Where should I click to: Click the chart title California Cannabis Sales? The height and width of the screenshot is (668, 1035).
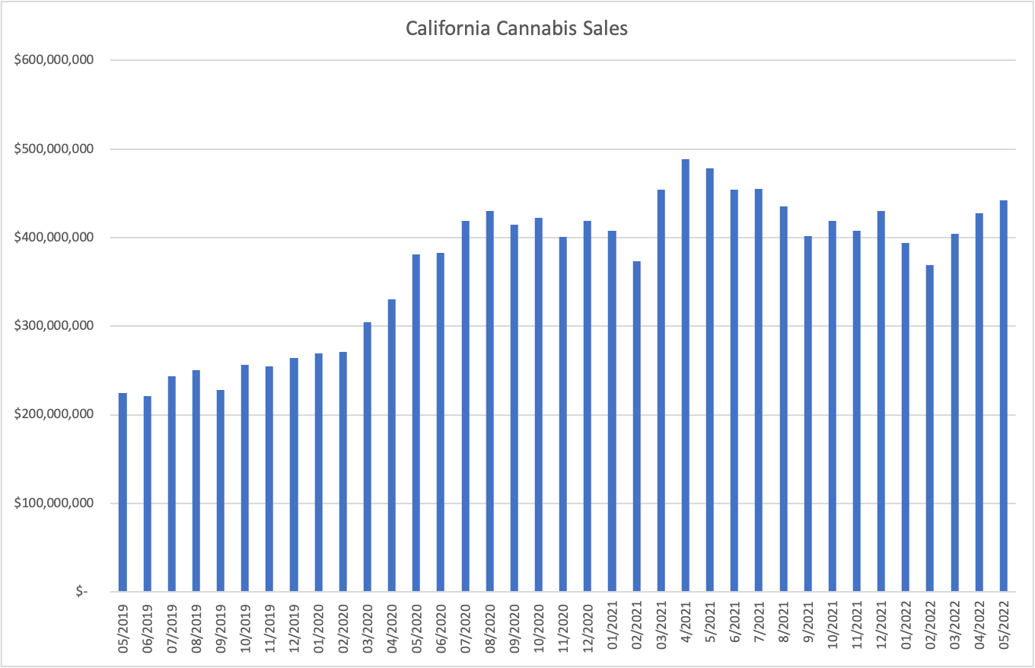tap(517, 28)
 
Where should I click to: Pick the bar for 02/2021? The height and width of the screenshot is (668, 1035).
tap(636, 427)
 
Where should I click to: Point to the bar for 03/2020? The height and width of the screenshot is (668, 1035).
tap(368, 457)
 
